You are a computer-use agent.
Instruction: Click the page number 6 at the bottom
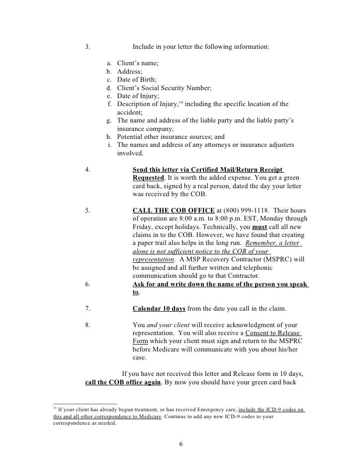point(181,444)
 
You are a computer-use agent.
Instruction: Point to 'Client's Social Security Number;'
point(164,88)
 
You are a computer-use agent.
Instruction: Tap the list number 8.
point(88,325)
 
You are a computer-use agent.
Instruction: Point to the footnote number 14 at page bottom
point(55,408)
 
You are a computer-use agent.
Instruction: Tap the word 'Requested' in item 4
point(148,177)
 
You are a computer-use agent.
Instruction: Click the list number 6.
point(88,284)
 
